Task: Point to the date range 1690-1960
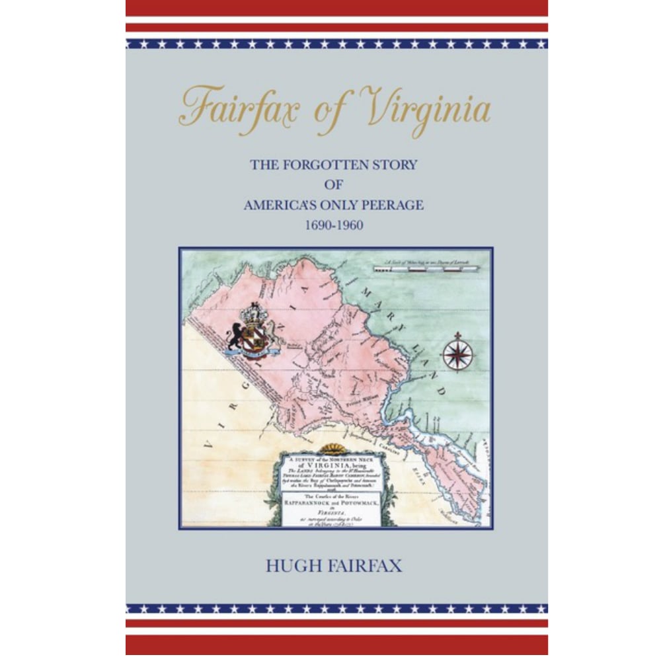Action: pyautogui.click(x=334, y=225)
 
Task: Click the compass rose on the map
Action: pyautogui.click(x=457, y=352)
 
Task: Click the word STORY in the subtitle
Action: pyautogui.click(x=393, y=165)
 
